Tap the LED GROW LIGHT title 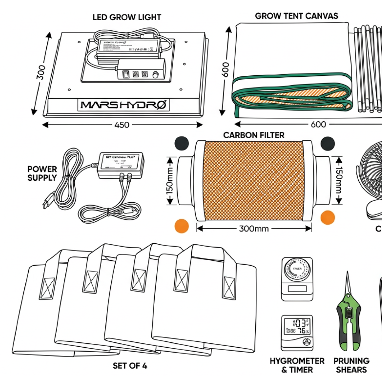tap(127, 17)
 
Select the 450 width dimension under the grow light tap(122, 125)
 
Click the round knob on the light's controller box tap(156, 75)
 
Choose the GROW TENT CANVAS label tap(296, 16)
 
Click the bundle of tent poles tap(368, 69)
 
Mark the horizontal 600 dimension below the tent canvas tap(318, 124)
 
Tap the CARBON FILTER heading tap(254, 135)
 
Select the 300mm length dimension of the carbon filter tap(254, 228)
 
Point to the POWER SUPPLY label tap(42, 173)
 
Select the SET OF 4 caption tap(130, 366)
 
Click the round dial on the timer tap(297, 270)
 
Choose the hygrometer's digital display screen tap(297, 327)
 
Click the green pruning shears tap(348, 318)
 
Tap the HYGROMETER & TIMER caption tap(297, 365)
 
